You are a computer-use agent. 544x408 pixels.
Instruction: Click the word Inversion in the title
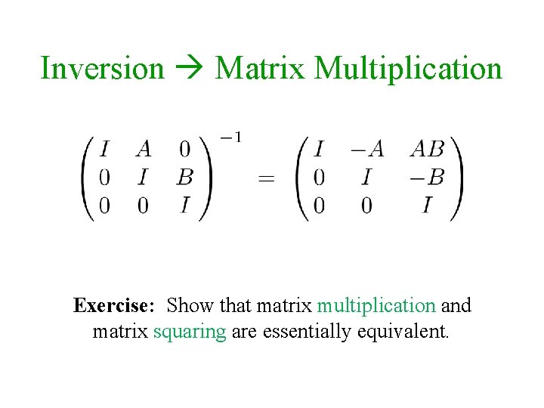102,68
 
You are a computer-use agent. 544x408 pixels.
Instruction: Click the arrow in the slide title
190,69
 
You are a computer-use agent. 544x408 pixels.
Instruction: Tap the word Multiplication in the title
408,68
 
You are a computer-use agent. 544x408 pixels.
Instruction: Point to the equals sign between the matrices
266,179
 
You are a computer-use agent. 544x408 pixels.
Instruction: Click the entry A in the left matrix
144,150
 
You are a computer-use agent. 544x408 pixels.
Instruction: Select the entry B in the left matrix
184,178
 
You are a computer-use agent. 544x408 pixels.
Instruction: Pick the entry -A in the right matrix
366,150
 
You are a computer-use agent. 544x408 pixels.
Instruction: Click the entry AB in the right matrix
427,150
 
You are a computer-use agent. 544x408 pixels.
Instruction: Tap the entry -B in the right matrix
426,178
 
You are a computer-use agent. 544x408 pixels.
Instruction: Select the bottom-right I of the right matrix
428,205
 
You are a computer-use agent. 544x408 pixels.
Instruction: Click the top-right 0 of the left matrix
184,150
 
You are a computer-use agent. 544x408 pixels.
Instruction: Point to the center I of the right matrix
367,178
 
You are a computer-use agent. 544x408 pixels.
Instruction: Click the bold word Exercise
114,306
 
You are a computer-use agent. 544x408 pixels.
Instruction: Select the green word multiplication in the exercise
376,306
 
